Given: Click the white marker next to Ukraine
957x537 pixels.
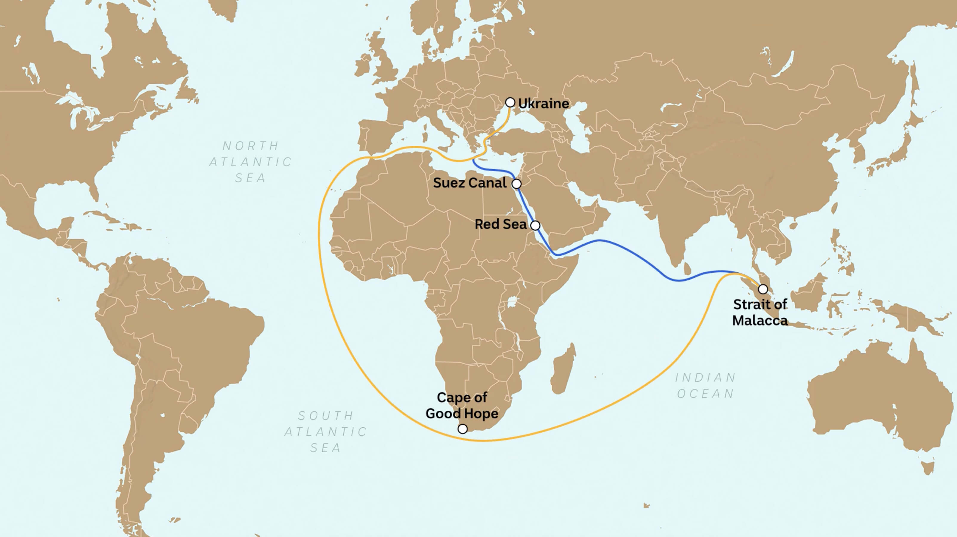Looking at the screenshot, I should click(x=510, y=102).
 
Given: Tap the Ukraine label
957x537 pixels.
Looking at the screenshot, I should click(x=544, y=104).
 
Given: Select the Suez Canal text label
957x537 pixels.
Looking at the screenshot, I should click(x=470, y=183).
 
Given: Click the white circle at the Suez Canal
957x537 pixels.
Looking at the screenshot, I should click(x=516, y=184).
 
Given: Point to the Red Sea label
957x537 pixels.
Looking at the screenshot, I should click(x=500, y=224).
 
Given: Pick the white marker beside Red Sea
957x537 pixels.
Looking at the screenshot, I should click(x=535, y=225).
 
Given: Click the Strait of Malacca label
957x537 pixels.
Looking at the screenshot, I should click(x=760, y=312).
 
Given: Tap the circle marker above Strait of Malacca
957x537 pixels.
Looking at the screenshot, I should click(x=763, y=289).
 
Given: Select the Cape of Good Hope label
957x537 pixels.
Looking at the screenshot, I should click(x=462, y=405).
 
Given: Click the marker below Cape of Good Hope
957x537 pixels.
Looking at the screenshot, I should click(x=462, y=429).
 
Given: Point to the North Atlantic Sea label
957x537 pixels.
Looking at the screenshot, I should click(x=251, y=162).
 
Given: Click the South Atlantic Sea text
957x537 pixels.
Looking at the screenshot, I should click(x=326, y=431).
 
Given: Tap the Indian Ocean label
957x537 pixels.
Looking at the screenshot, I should click(x=706, y=386).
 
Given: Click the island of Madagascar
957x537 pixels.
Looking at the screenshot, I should click(x=564, y=369).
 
